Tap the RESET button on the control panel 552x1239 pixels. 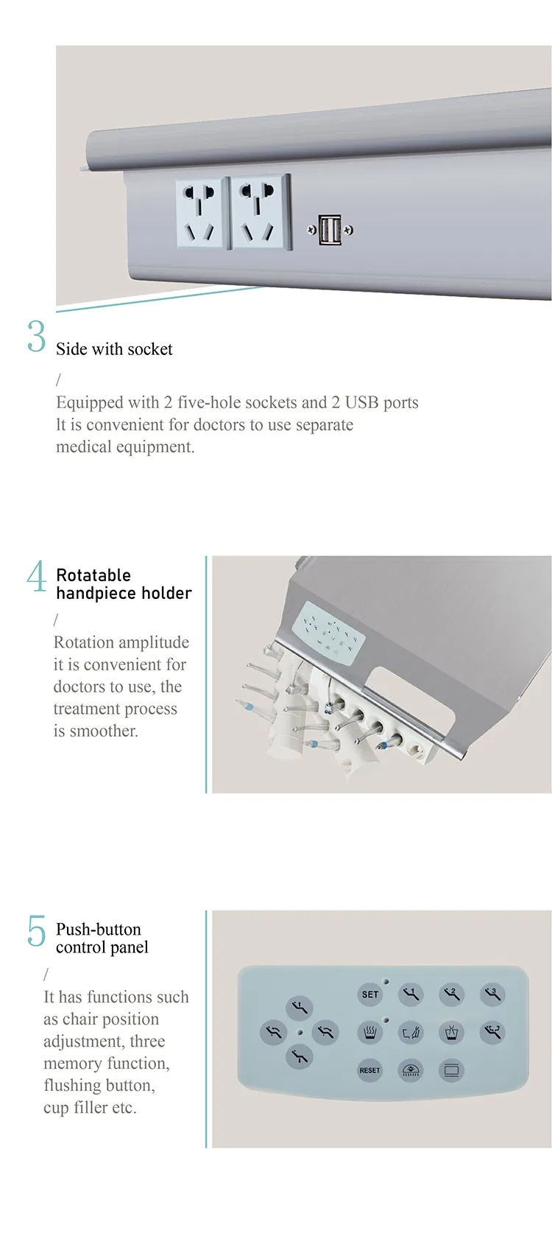pos(369,1070)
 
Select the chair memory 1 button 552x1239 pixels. pos(411,994)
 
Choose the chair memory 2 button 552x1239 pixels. pos(451,994)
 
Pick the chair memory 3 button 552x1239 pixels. pos(492,994)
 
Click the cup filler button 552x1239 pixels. pos(451,1032)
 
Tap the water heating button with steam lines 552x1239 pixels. pos(370,1032)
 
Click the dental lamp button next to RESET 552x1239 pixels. pos(411,1070)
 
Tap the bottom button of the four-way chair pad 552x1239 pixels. pos(299,1057)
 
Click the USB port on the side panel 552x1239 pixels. pos(330,230)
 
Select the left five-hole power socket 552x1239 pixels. pos(200,213)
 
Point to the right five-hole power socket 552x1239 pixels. pos(261,211)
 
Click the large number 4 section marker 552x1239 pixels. pos(36,576)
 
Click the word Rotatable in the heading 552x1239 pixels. pos(93,575)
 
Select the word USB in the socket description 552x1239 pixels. pos(361,402)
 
